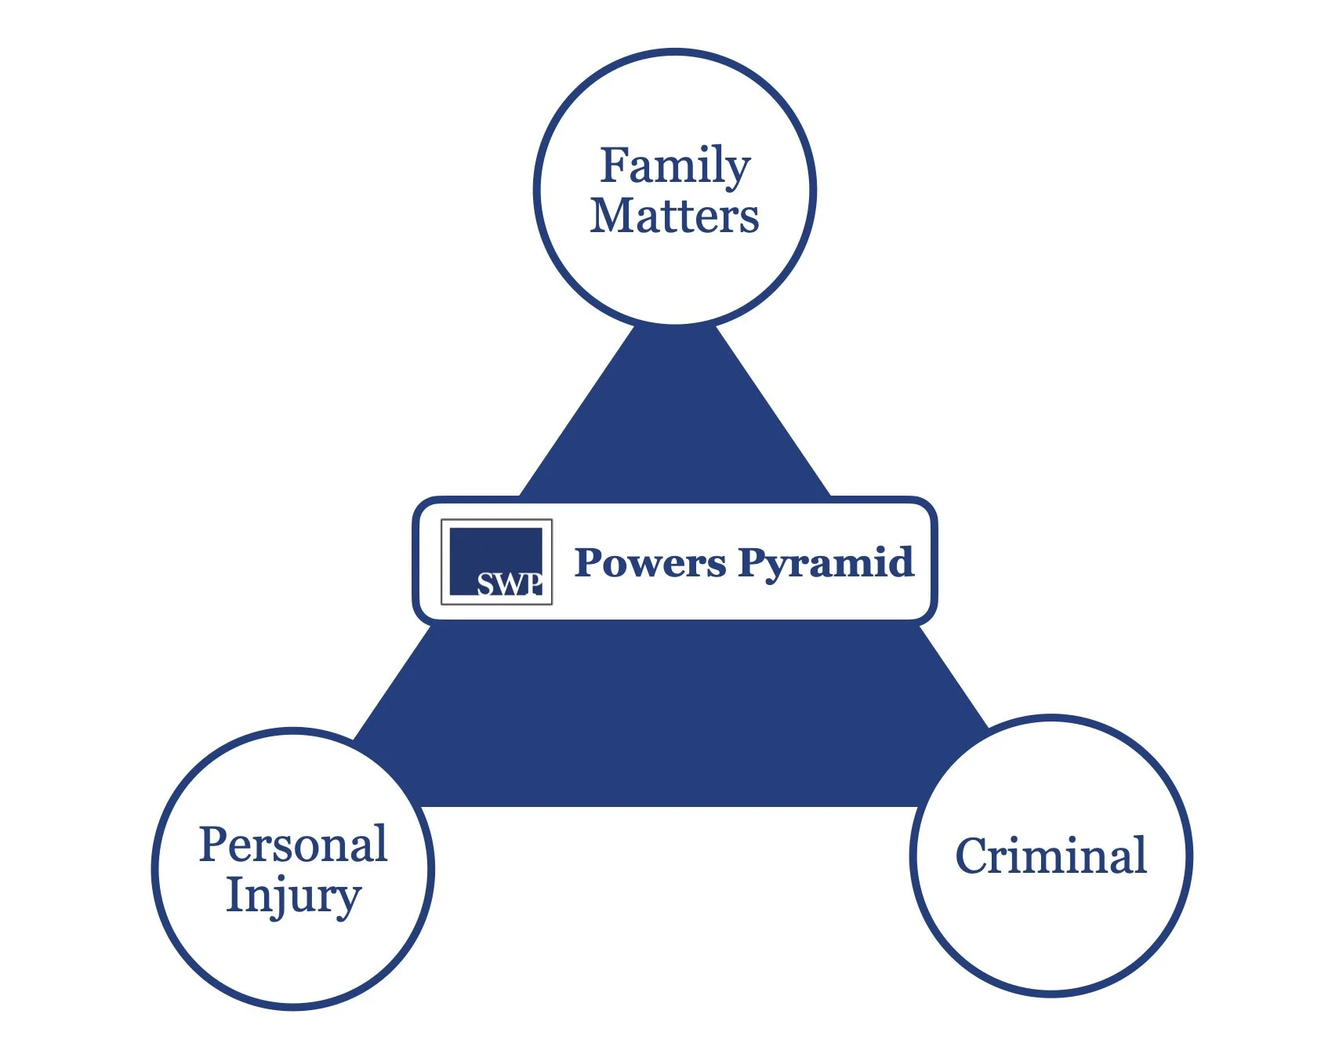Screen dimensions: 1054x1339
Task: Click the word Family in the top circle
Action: point(675,166)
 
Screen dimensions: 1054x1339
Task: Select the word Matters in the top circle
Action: point(675,216)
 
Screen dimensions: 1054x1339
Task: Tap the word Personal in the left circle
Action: point(293,845)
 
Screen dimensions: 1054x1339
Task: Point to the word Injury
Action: point(293,896)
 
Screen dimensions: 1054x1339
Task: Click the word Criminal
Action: point(1051,856)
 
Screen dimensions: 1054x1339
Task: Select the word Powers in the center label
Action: point(650,562)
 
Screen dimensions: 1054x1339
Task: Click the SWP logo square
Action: point(496,562)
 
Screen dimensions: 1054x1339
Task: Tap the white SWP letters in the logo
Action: point(509,584)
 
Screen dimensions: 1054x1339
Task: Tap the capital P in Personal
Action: point(214,845)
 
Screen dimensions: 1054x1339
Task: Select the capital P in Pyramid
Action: point(752,562)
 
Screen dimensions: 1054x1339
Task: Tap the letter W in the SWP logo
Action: point(509,585)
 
